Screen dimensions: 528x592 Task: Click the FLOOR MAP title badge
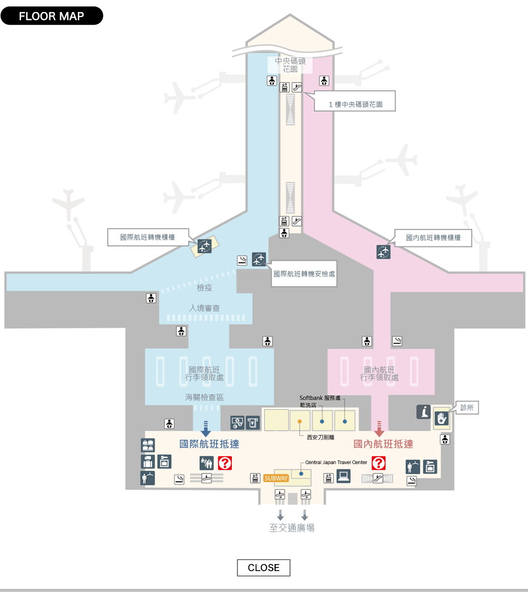52,16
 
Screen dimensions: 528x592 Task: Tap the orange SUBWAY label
276,478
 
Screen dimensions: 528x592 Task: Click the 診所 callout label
467,408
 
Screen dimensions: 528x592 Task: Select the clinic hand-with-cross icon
441,418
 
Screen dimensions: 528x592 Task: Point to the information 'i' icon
423,412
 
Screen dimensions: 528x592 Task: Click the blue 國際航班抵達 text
209,444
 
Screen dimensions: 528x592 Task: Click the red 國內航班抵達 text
383,444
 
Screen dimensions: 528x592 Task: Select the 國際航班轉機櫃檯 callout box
148,237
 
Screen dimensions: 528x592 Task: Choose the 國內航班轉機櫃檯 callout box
433,238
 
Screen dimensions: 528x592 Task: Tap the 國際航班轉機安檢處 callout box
304,274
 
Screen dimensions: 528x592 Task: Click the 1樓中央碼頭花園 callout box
355,101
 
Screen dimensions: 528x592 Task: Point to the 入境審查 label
204,308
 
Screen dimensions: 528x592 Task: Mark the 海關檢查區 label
204,397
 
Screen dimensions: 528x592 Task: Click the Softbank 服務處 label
320,398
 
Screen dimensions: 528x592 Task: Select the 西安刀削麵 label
321,437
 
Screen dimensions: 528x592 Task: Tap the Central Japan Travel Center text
336,462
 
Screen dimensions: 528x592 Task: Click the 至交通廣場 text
292,528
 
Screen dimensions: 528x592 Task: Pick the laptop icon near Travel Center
344,476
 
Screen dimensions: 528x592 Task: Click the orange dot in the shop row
300,421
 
